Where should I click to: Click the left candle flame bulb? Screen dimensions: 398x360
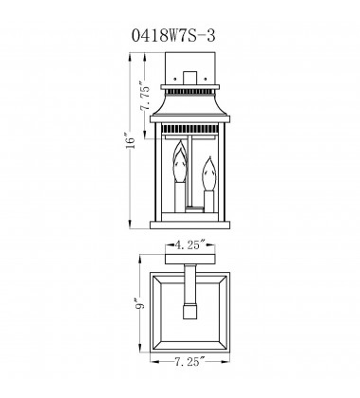174,170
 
